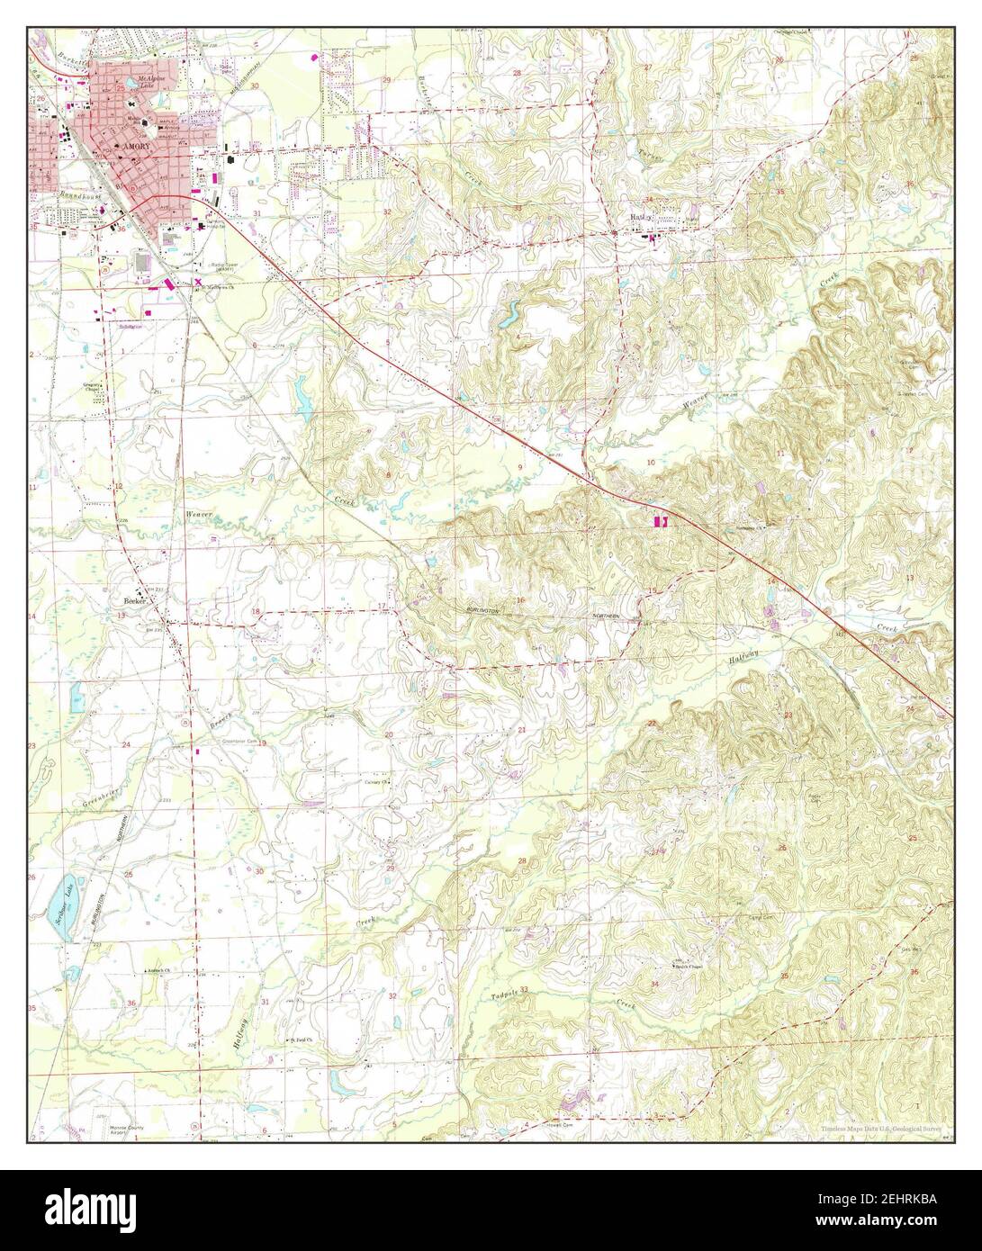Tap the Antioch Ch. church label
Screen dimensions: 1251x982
pyautogui.click(x=163, y=971)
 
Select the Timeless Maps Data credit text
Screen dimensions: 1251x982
pyautogui.click(x=882, y=1129)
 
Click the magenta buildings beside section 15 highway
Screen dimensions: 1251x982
pyautogui.click(x=658, y=520)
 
